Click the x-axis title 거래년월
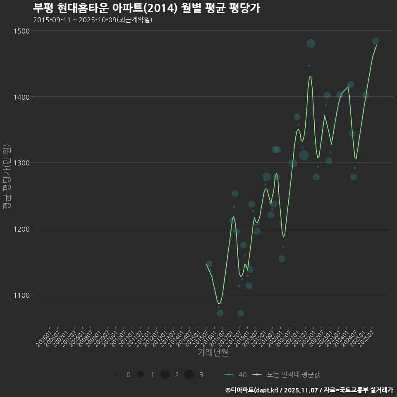(x=213, y=353)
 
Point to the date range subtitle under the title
(x=93, y=20)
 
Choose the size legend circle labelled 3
(x=189, y=375)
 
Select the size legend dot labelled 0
(x=117, y=375)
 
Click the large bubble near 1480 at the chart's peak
(x=311, y=43)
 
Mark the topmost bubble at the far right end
(x=375, y=41)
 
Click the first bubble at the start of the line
(x=209, y=264)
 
